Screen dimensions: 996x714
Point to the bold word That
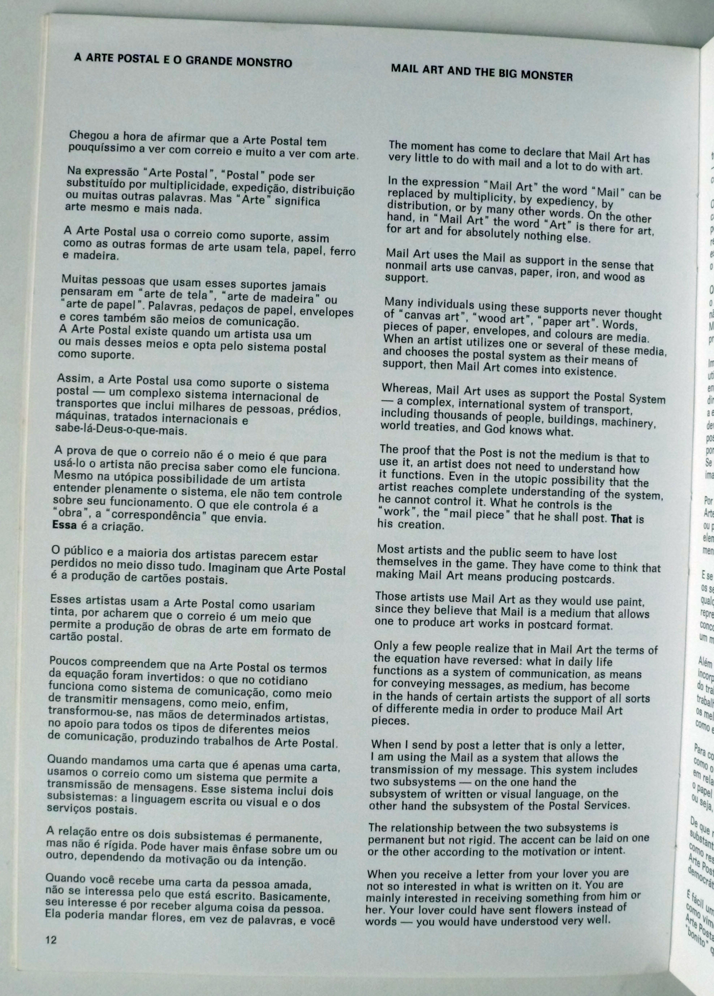click(x=621, y=519)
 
